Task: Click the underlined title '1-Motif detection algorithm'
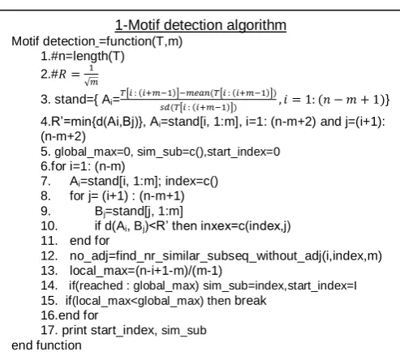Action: tap(200, 25)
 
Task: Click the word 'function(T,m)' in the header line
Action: tap(144, 41)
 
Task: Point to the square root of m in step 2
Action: tap(92, 82)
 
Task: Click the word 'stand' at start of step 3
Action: tap(67, 100)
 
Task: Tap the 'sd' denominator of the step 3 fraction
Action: tap(198, 108)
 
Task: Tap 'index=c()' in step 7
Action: tap(191, 181)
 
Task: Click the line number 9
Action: tap(45, 211)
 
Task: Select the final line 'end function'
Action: tap(46, 345)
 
